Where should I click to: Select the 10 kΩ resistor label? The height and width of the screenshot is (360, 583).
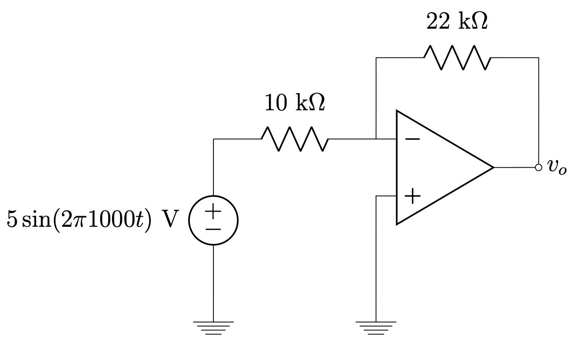click(x=295, y=103)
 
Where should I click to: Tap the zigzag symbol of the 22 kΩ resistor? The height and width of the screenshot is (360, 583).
click(x=457, y=58)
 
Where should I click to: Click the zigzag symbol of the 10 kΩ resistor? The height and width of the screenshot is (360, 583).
click(x=295, y=139)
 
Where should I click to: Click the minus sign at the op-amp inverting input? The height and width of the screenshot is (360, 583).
click(x=412, y=139)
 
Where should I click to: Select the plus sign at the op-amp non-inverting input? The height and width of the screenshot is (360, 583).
click(x=412, y=196)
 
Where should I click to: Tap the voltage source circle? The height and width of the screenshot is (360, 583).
click(x=213, y=220)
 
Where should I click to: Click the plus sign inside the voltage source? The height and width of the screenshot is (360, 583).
click(x=213, y=211)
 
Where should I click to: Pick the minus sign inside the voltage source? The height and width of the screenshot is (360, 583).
click(x=213, y=229)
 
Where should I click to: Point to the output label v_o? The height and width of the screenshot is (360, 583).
click(x=557, y=167)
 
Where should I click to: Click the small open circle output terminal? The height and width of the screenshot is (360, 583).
click(x=538, y=168)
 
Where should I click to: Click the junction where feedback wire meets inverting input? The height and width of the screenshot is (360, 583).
click(x=376, y=139)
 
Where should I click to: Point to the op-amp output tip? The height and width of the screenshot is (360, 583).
click(x=493, y=168)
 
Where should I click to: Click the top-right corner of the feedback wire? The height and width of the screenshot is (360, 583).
click(x=538, y=58)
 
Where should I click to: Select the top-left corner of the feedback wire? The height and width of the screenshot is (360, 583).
click(x=376, y=58)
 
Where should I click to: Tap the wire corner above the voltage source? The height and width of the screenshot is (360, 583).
click(x=213, y=139)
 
